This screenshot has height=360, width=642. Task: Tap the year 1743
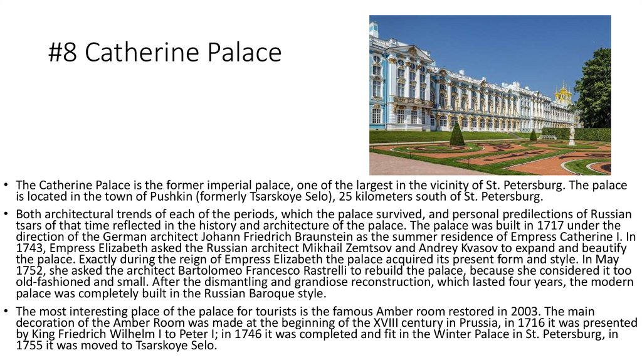(x=28, y=248)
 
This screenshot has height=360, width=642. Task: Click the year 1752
(x=29, y=271)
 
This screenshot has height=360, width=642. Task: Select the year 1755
(x=29, y=345)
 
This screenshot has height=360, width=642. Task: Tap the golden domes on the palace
(x=563, y=94)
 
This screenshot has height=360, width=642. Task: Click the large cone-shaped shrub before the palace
(x=457, y=134)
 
